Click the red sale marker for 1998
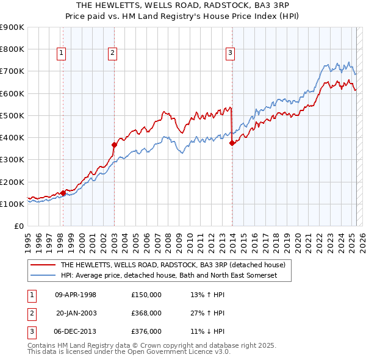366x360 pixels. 63,193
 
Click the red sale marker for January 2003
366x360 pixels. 114,145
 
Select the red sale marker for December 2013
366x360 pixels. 232,143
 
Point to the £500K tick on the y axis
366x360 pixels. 12,115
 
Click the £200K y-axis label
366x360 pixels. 12,182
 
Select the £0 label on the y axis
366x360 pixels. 18,226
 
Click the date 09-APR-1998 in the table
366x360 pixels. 76,295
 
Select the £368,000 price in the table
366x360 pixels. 146,313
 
